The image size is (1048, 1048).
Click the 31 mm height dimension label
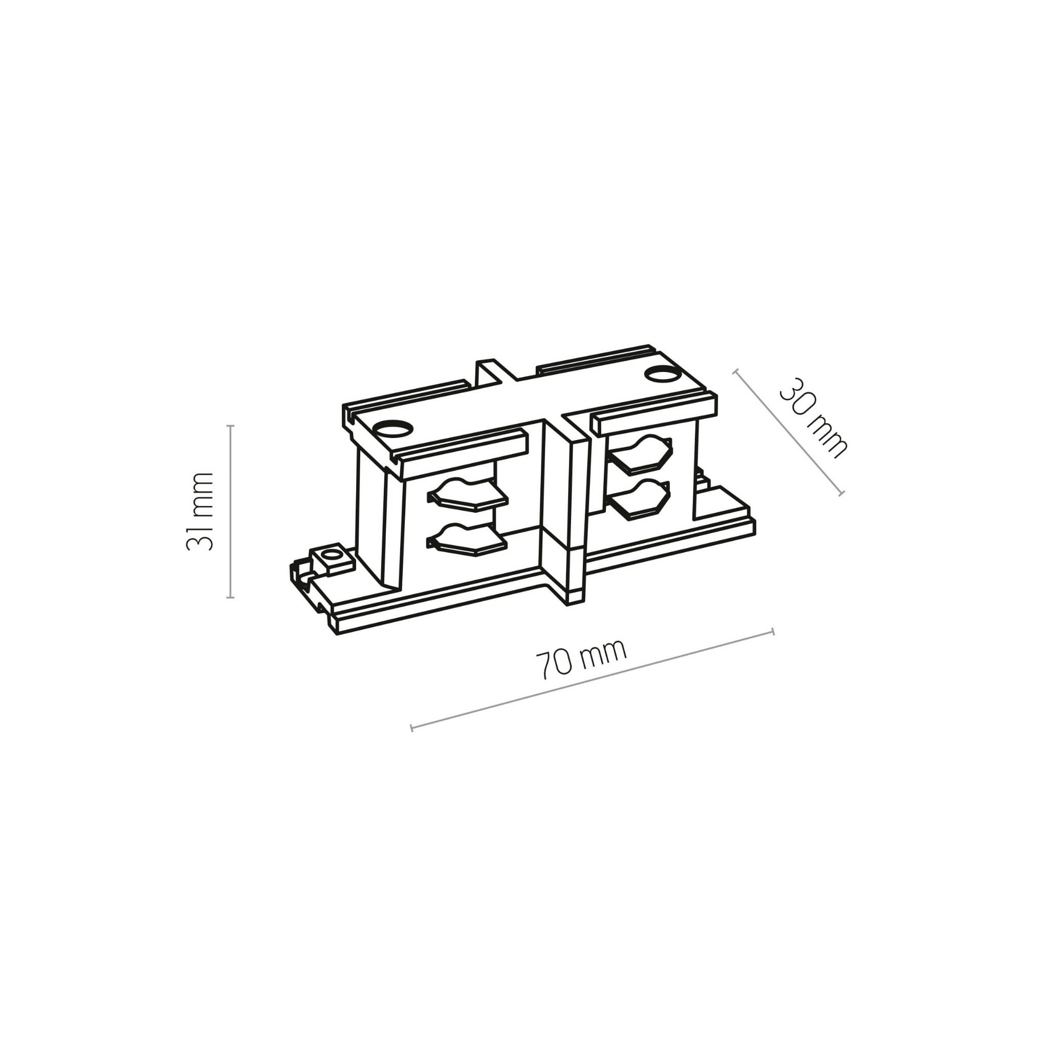[x=199, y=512]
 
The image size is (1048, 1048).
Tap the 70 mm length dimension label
[x=581, y=659]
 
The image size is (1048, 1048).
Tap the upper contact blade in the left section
[x=467, y=494]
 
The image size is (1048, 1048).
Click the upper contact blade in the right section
[x=640, y=453]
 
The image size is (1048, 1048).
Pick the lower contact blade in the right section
[x=640, y=499]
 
